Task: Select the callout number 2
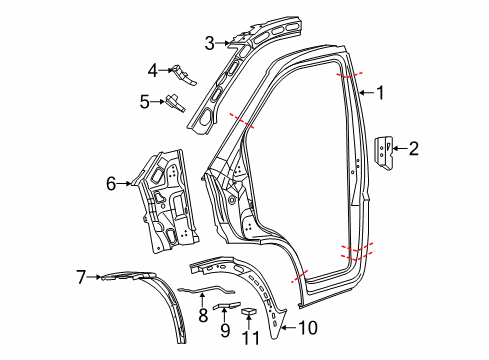pos(413,150)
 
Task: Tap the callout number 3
pos(209,42)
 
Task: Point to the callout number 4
pos(153,70)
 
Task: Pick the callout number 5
pos(145,100)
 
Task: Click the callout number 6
pos(112,182)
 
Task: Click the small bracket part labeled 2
pos(386,150)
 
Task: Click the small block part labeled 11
pos(251,314)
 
